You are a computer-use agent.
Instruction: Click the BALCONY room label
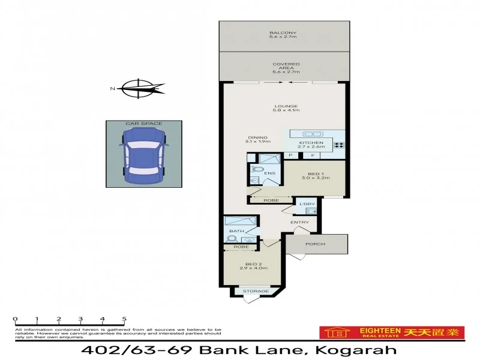coord(283,32)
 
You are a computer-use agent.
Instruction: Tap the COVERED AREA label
coord(286,64)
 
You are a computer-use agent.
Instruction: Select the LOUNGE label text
coord(286,106)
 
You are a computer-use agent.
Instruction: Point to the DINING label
coord(258,137)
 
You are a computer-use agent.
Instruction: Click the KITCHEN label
coord(311,142)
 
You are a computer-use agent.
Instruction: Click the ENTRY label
coord(299,223)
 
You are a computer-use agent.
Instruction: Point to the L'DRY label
coord(307,204)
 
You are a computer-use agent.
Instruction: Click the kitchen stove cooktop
coord(338,144)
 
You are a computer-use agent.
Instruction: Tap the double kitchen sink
coord(313,133)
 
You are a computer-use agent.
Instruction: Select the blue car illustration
coord(143,154)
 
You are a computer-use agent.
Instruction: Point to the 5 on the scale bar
coord(124,319)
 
